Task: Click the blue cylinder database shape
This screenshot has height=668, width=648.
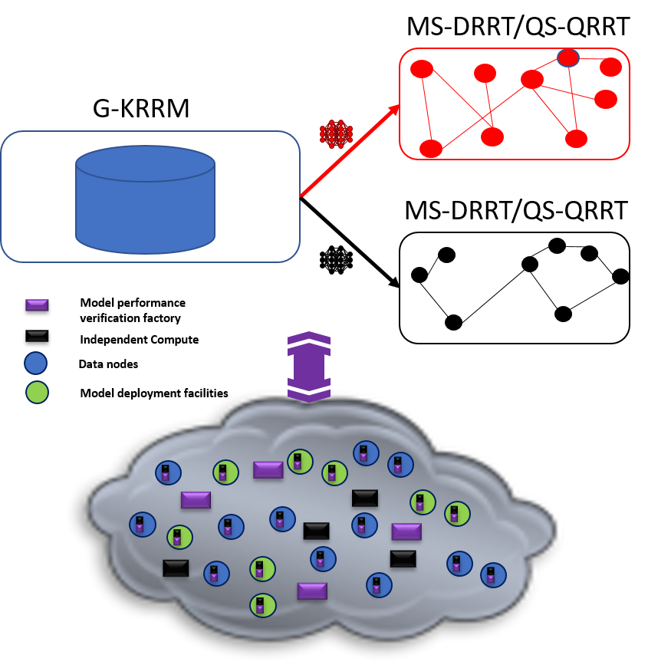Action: pos(145,200)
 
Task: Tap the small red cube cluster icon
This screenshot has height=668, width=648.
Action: pos(336,134)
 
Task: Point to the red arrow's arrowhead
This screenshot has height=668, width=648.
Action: pos(395,109)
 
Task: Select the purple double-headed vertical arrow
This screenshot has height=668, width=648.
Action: pos(309,367)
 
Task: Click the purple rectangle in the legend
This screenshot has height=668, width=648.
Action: pos(37,305)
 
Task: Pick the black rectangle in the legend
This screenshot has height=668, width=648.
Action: pos(37,336)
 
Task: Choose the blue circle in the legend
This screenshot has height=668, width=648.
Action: pos(36,363)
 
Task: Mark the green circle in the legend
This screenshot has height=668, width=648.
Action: pos(37,392)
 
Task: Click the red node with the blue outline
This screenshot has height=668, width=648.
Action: pos(567,58)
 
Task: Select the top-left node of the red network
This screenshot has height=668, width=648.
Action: pos(422,69)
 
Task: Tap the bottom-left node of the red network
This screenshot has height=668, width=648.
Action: pos(431,149)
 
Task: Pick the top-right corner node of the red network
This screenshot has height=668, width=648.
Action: pos(610,67)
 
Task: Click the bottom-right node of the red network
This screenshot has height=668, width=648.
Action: pos(576,139)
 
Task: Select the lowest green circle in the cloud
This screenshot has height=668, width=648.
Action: pos(262,605)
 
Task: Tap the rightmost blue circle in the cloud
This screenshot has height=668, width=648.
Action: pos(493,575)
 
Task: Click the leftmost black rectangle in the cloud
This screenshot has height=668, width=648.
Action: pos(176,568)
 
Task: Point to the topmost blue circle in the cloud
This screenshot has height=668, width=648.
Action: pos(366,453)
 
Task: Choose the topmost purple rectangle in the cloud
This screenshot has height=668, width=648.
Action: pos(268,470)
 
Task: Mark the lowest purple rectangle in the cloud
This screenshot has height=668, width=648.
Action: pos(312,591)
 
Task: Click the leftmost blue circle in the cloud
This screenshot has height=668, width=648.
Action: pos(142,525)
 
